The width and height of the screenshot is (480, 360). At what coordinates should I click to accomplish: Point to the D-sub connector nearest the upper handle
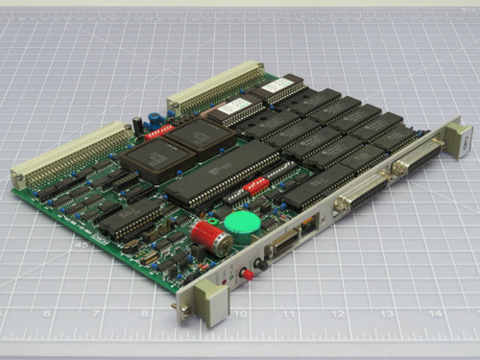(415, 158)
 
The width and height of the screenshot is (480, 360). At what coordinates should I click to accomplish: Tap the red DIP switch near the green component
(256, 183)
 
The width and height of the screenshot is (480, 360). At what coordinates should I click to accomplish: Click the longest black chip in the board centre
(224, 172)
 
